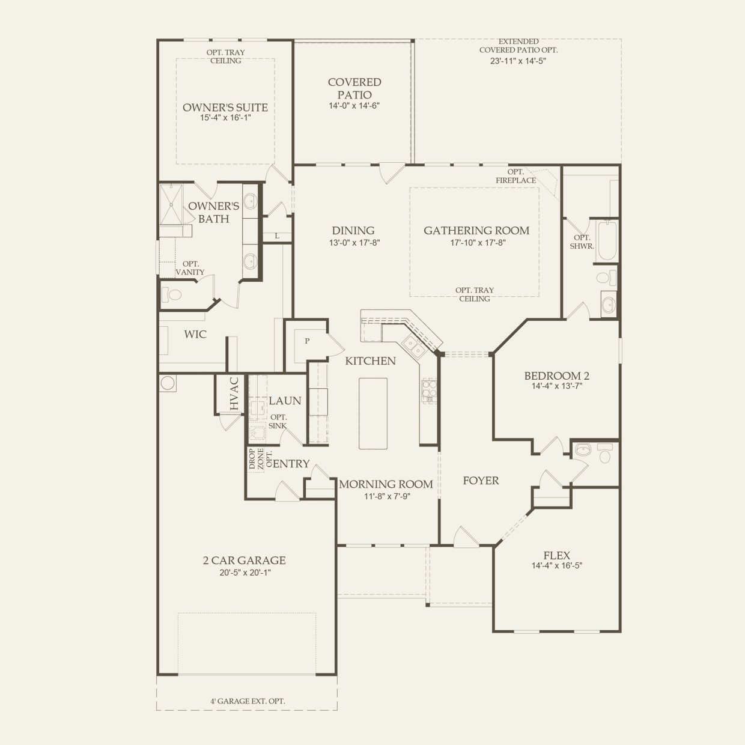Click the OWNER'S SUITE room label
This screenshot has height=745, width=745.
[x=225, y=108]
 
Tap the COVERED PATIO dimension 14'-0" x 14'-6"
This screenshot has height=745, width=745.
[x=354, y=106]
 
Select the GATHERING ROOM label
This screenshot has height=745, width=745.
[x=476, y=231]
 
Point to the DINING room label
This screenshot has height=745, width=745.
[x=353, y=231]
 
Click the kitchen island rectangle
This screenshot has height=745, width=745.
[x=373, y=413]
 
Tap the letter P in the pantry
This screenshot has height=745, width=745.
[x=307, y=341]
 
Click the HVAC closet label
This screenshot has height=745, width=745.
[x=234, y=394]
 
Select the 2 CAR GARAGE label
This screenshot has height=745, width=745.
[x=244, y=561]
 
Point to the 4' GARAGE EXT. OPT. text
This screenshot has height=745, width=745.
[x=248, y=701]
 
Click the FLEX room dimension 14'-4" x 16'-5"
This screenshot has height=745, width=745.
[x=556, y=566]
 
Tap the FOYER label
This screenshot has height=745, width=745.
[x=481, y=481]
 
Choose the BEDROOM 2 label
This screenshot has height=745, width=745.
[x=556, y=376]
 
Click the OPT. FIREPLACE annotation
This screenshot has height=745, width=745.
[x=515, y=176]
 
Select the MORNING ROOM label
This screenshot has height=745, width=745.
[x=386, y=484]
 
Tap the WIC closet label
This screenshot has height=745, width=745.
[x=195, y=335]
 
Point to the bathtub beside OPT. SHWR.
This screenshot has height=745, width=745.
[x=607, y=240]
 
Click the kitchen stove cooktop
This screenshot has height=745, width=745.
[x=429, y=390]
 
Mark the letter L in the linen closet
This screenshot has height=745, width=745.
[x=277, y=236]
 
